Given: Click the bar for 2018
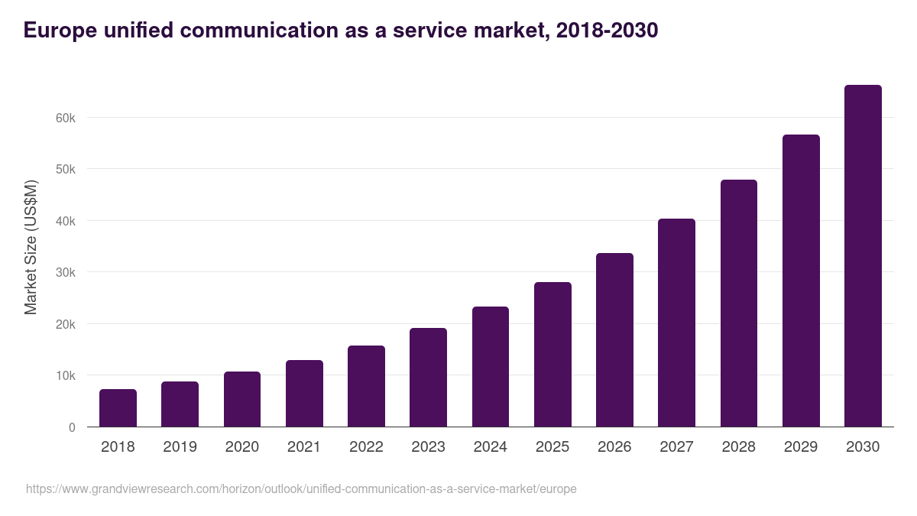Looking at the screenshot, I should pos(118,408).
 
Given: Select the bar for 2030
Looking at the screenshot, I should pos(863,256).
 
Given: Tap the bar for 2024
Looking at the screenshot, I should pos(491,367).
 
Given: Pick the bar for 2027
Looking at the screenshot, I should pos(676,323).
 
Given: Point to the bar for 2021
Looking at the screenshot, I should pos(304,394).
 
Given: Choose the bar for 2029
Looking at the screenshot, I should pos(801,281).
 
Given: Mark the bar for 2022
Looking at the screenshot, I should pos(366,386).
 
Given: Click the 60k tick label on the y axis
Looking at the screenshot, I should pos(65,118).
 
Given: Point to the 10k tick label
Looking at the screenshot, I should pos(65,375).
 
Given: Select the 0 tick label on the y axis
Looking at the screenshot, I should pos(72,427).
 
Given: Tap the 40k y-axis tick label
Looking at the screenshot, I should pos(65,221).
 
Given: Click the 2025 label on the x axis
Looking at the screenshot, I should pos(552,447).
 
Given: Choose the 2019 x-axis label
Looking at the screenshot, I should pos(180,447).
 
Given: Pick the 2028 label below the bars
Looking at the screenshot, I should pos(739,447).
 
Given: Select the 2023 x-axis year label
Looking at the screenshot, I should pos(428,447).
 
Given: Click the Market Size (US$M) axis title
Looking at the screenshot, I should pos(31,247).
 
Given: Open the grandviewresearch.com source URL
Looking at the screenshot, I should pos(301,488).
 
